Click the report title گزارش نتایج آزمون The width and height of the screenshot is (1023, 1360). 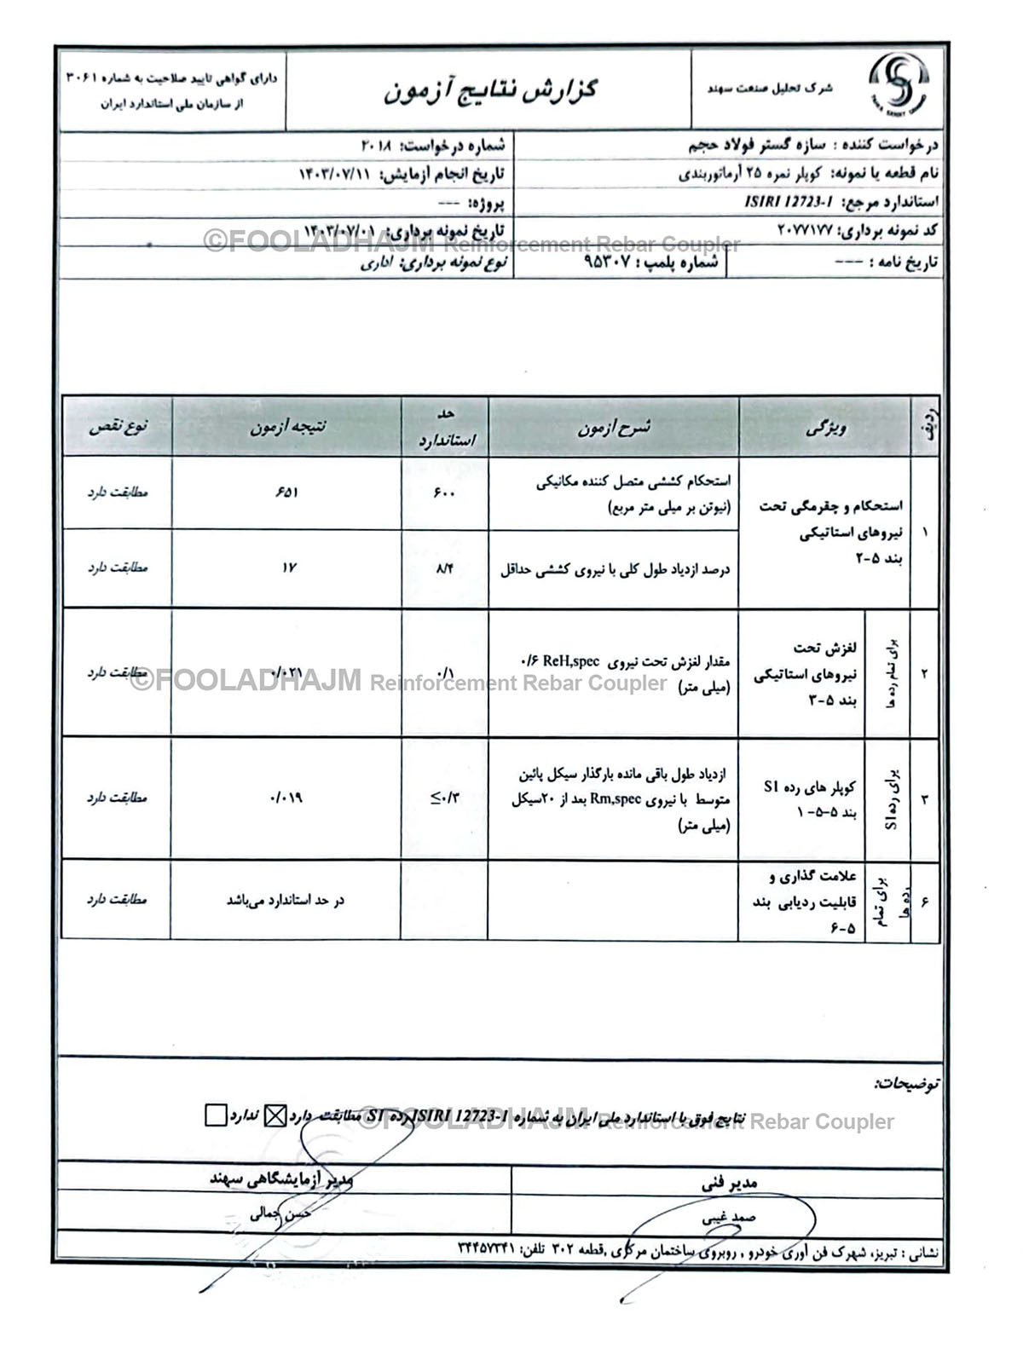(489, 89)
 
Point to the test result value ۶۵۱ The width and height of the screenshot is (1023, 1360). (287, 493)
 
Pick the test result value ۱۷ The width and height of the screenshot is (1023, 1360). (288, 568)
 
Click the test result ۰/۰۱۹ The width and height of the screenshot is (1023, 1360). (286, 798)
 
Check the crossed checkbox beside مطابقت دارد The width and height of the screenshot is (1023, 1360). (275, 1115)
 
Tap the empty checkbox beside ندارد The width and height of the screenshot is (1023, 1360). (216, 1115)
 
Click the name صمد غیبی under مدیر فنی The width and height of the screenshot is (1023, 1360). (729, 1219)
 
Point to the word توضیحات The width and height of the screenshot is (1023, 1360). (906, 1085)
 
